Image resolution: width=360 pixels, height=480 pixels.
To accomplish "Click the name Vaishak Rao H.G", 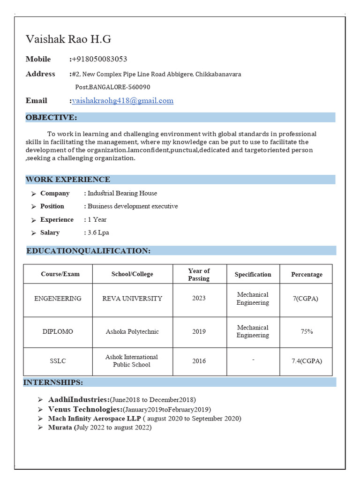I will (68, 39).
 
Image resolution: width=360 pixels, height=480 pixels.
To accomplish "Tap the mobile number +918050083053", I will (99, 59).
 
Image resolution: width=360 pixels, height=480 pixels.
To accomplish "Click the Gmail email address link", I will (122, 100).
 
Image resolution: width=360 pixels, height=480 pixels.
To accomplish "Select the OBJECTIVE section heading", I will (52, 117).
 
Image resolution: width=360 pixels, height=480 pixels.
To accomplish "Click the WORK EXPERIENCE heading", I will (68, 180).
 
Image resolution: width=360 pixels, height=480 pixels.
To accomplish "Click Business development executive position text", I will (133, 206).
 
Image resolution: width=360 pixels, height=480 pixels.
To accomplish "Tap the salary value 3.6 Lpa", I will (98, 232).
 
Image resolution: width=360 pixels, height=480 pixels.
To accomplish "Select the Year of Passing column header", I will (199, 274).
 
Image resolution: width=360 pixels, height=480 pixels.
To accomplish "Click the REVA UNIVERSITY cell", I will (132, 299).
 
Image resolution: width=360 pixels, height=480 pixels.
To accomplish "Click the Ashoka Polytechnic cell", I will (132, 331).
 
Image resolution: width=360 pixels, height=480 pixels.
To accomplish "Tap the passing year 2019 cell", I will (199, 331).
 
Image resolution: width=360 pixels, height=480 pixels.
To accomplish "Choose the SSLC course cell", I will (58, 361).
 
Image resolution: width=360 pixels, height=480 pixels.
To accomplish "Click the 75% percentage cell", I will (307, 331).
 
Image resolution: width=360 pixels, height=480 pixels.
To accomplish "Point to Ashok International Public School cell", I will (132, 360).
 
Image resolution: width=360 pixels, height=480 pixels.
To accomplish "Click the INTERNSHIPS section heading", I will (53, 382).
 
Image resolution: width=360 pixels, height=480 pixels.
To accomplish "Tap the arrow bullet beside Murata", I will (41, 427).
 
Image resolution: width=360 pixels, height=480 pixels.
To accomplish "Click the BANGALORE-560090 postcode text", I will (120, 87).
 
